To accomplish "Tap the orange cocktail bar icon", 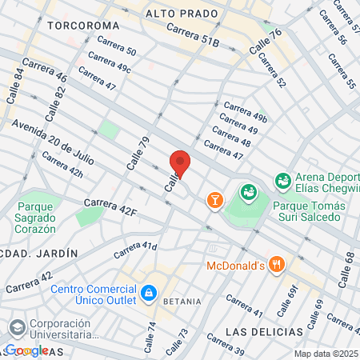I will click(x=214, y=199).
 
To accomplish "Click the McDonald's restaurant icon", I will click(x=277, y=264).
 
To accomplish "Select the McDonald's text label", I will click(x=236, y=265).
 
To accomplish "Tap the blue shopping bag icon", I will click(x=147, y=294).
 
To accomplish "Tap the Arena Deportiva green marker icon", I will click(x=282, y=181).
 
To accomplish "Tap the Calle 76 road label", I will click(x=266, y=41).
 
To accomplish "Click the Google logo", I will click(x=26, y=350).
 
